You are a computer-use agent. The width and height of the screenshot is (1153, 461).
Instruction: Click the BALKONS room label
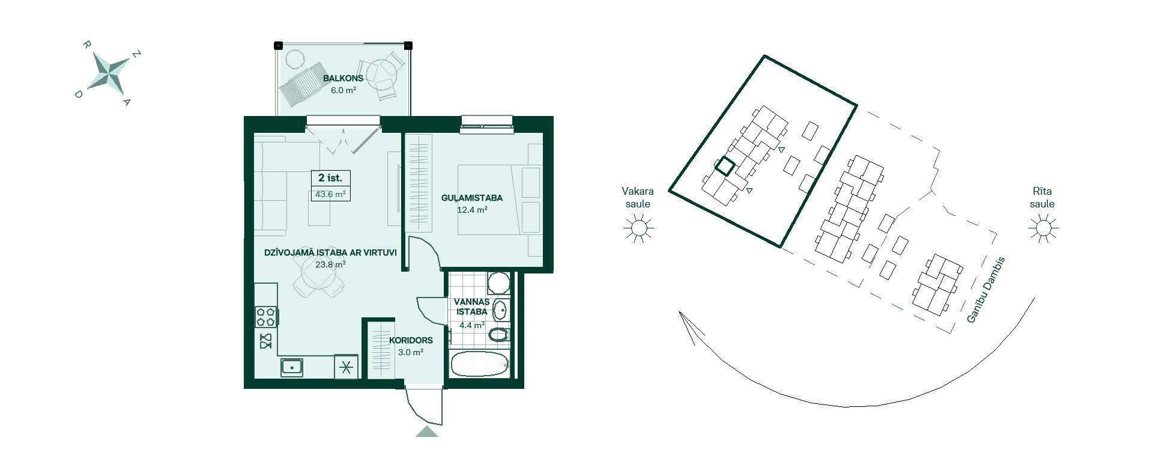343,79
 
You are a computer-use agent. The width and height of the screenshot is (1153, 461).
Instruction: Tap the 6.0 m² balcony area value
343,90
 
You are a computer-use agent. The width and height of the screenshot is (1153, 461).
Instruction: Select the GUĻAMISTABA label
472,198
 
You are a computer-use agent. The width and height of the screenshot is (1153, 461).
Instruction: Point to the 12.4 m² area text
472,210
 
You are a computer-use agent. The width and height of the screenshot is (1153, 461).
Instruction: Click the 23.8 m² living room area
330,264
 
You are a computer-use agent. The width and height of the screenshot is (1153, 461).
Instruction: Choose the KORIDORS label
411,340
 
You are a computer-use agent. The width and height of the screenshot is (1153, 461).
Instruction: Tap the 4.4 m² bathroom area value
472,325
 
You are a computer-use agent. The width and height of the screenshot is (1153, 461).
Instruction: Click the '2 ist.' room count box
330,179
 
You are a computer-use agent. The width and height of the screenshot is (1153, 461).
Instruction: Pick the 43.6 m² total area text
330,194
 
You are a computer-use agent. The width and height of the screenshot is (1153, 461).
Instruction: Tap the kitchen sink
292,367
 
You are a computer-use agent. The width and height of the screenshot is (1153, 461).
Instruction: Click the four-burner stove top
266,317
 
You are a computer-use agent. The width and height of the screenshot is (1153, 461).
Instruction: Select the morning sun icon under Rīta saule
1043,228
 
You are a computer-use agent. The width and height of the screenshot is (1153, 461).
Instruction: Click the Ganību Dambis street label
985,290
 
